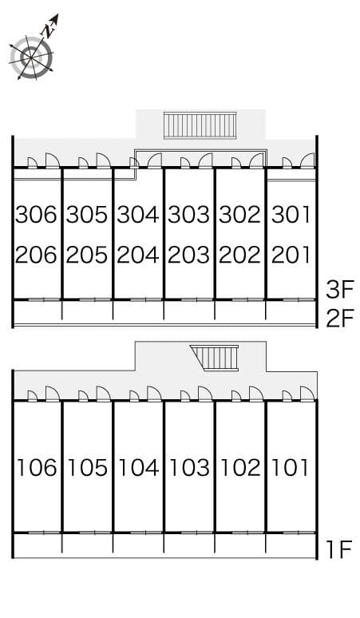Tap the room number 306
pyautogui.click(x=37, y=215)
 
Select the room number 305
pyautogui.click(x=87, y=215)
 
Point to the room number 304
pyautogui.click(x=138, y=215)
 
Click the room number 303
pyautogui.click(x=188, y=215)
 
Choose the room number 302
pyautogui.click(x=239, y=215)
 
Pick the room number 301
pyautogui.click(x=291, y=215)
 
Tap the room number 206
pyautogui.click(x=37, y=255)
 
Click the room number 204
pyautogui.click(x=138, y=255)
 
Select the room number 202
pyautogui.click(x=239, y=255)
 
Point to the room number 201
pyautogui.click(x=291, y=255)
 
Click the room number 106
pyautogui.click(x=37, y=467)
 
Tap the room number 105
pyautogui.click(x=87, y=467)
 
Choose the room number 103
pyautogui.click(x=188, y=467)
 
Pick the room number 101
pyautogui.click(x=291, y=467)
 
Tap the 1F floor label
pyautogui.click(x=339, y=549)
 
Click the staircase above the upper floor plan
pyautogui.click(x=200, y=125)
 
